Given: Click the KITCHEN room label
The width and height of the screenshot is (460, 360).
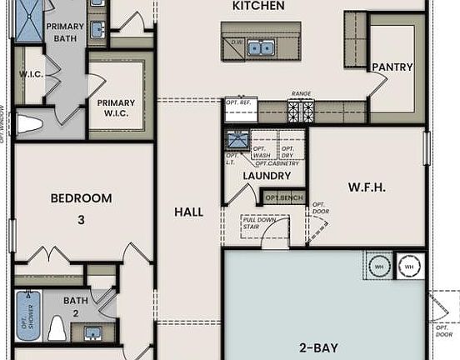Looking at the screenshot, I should [x=258, y=7].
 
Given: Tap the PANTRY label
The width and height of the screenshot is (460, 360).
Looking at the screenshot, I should [x=392, y=67].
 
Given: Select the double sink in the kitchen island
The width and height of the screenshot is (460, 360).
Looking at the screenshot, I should [x=260, y=48].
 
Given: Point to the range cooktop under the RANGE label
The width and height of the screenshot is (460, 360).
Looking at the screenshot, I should [x=300, y=110].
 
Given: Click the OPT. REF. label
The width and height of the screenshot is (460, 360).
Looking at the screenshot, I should [x=240, y=102].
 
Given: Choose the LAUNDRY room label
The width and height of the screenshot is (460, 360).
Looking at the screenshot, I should [x=267, y=176].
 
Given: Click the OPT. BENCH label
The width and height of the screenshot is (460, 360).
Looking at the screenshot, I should [x=283, y=197].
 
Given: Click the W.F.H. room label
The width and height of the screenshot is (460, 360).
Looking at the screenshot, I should [x=366, y=187].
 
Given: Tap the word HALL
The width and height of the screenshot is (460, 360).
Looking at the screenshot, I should [x=188, y=212].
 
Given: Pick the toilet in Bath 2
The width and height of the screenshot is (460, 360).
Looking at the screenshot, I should [x=57, y=328].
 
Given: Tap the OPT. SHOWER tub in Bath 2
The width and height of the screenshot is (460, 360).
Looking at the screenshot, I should [x=27, y=315].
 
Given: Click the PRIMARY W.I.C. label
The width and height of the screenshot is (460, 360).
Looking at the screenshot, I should [x=116, y=107].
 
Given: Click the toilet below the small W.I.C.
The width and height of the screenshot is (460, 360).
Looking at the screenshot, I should [x=30, y=125].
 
